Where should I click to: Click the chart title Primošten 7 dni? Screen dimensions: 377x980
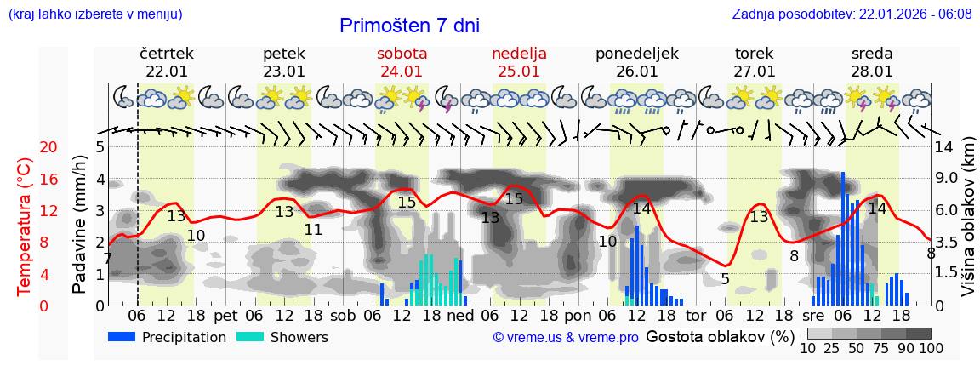click(409, 26)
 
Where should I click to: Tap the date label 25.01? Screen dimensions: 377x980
click(519, 71)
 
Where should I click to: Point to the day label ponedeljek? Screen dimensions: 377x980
click(636, 54)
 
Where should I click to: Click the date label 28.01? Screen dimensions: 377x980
click(872, 71)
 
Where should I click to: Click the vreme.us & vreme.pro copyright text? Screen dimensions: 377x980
click(566, 337)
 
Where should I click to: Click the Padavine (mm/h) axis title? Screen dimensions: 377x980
click(79, 225)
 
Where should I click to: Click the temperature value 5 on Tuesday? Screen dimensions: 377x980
click(725, 278)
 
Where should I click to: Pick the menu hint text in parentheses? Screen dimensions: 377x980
click(94, 14)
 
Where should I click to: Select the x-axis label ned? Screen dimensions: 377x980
click(460, 315)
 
